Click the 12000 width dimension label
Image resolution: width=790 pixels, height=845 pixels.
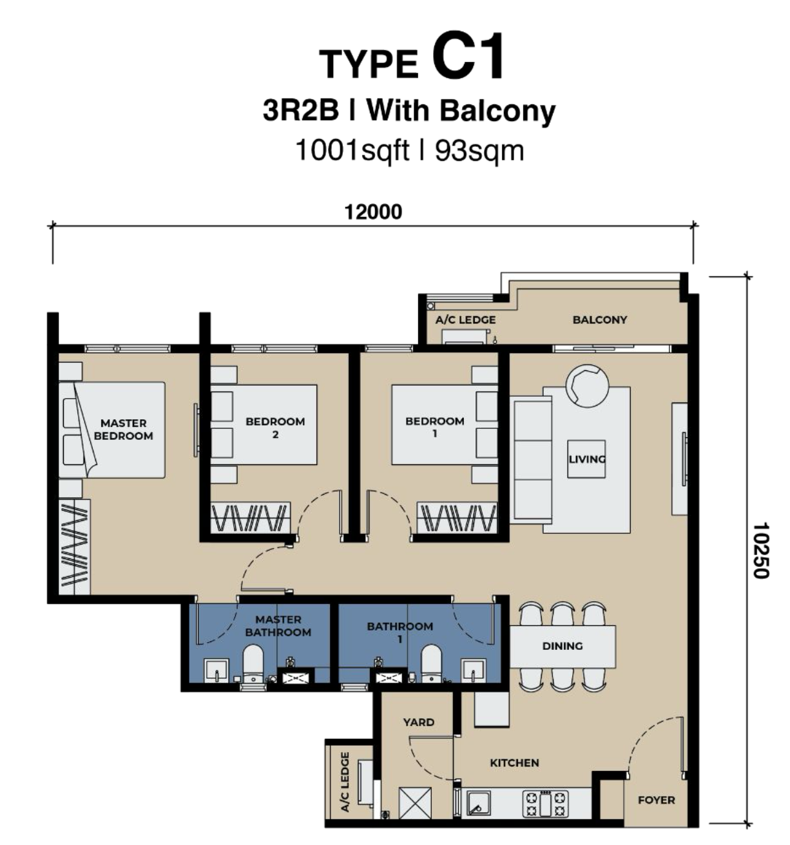click(372, 212)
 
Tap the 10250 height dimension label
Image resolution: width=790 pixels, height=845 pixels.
click(760, 550)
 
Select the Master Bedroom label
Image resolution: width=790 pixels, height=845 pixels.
click(124, 430)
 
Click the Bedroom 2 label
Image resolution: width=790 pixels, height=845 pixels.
click(275, 428)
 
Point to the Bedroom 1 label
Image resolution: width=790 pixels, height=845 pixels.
click(435, 427)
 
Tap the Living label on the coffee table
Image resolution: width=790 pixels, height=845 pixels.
click(587, 459)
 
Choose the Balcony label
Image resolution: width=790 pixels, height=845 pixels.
click(600, 319)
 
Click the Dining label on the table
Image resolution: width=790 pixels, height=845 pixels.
click(562, 646)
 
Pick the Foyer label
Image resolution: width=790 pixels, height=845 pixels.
click(656, 801)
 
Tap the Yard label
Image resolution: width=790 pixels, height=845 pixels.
click(419, 722)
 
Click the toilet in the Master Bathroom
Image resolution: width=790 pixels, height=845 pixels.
click(253, 664)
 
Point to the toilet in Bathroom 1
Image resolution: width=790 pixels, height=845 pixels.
click(430, 664)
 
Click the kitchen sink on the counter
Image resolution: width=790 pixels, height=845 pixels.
click(478, 803)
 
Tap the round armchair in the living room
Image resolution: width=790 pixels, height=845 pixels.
click(587, 386)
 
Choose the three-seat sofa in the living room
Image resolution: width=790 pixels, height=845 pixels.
click(531, 460)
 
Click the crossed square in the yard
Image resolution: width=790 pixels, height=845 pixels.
click(415, 803)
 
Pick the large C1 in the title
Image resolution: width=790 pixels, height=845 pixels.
click(468, 57)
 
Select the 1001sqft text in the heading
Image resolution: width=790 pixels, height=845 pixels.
click(352, 151)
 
